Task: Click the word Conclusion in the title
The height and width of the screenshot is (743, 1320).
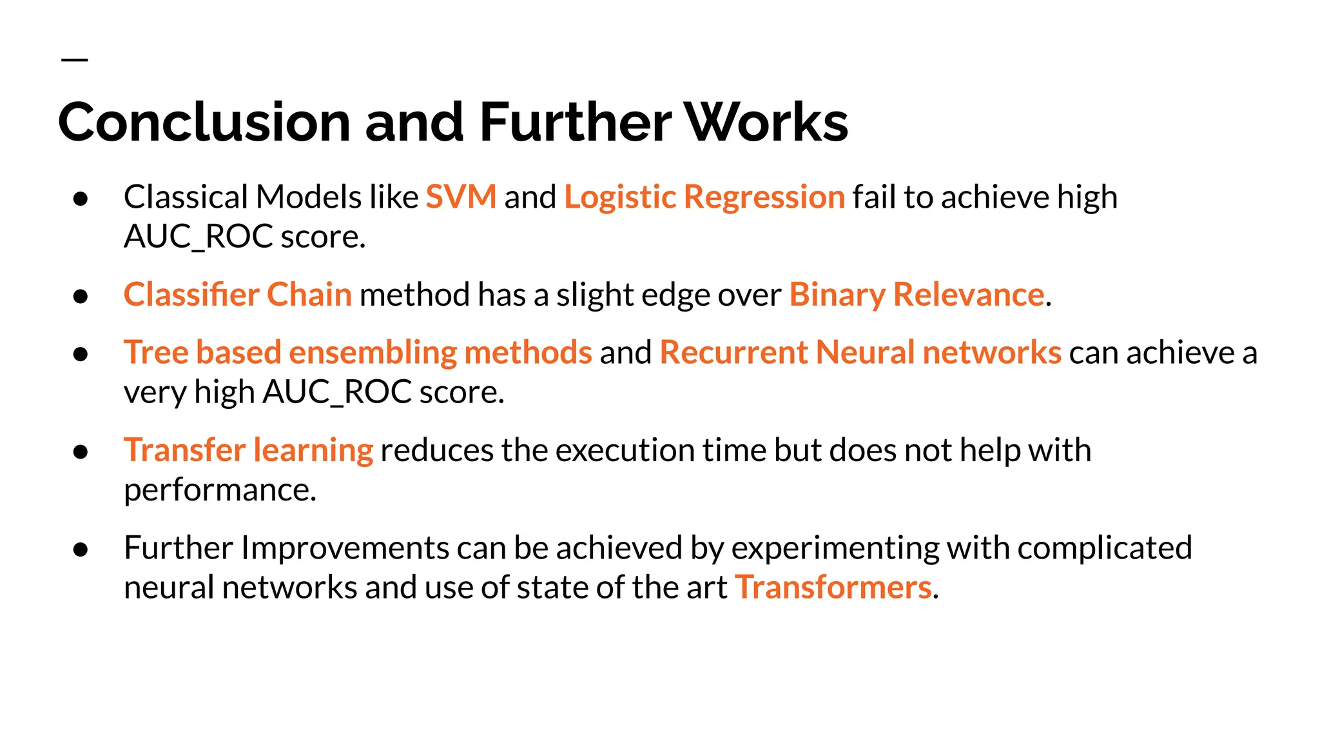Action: click(204, 122)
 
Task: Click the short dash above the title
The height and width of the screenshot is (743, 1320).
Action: click(74, 60)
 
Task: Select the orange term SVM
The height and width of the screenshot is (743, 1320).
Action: click(461, 197)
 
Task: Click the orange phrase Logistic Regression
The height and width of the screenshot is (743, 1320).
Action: click(704, 197)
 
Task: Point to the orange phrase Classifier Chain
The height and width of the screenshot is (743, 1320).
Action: click(237, 295)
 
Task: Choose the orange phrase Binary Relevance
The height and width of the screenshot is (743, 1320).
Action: click(916, 295)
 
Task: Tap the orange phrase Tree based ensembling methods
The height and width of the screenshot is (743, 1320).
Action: click(358, 353)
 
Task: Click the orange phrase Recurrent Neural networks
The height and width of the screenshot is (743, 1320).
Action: click(860, 353)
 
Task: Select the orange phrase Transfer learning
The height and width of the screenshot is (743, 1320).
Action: click(248, 450)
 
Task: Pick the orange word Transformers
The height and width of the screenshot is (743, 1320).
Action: click(833, 588)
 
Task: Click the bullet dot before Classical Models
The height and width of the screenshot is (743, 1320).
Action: click(81, 199)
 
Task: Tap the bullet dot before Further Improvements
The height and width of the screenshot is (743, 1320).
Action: click(81, 550)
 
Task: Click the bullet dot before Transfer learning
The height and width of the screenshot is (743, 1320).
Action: click(81, 451)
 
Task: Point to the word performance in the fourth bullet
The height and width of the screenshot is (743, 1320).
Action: click(219, 490)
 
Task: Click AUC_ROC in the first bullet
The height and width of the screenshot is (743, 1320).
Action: click(199, 237)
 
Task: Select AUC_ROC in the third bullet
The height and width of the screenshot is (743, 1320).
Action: click(337, 392)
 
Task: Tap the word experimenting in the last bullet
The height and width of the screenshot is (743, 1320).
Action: click(835, 549)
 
